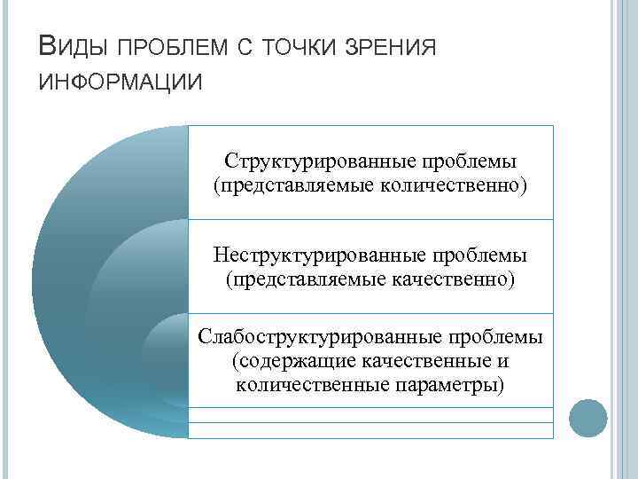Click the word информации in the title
121,82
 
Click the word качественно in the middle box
449,280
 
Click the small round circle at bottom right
587,418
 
